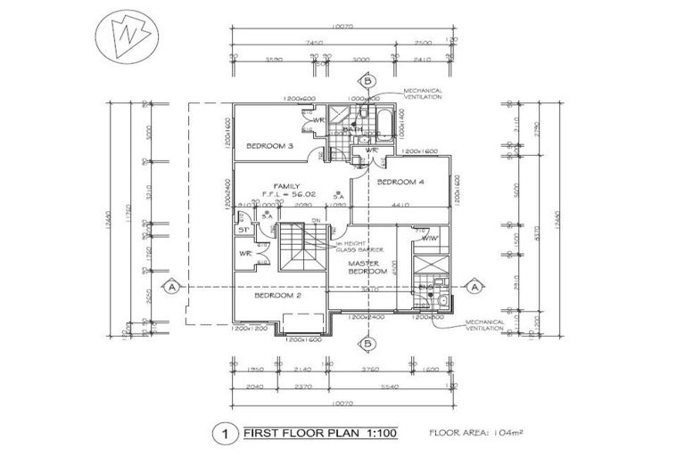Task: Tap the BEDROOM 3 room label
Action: coord(270,145)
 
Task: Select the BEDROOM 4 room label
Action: coord(400,182)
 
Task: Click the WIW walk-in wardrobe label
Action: coord(428,238)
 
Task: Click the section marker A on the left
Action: coord(170,287)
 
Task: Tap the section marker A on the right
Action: coord(475,287)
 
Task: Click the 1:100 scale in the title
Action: coord(376,434)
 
